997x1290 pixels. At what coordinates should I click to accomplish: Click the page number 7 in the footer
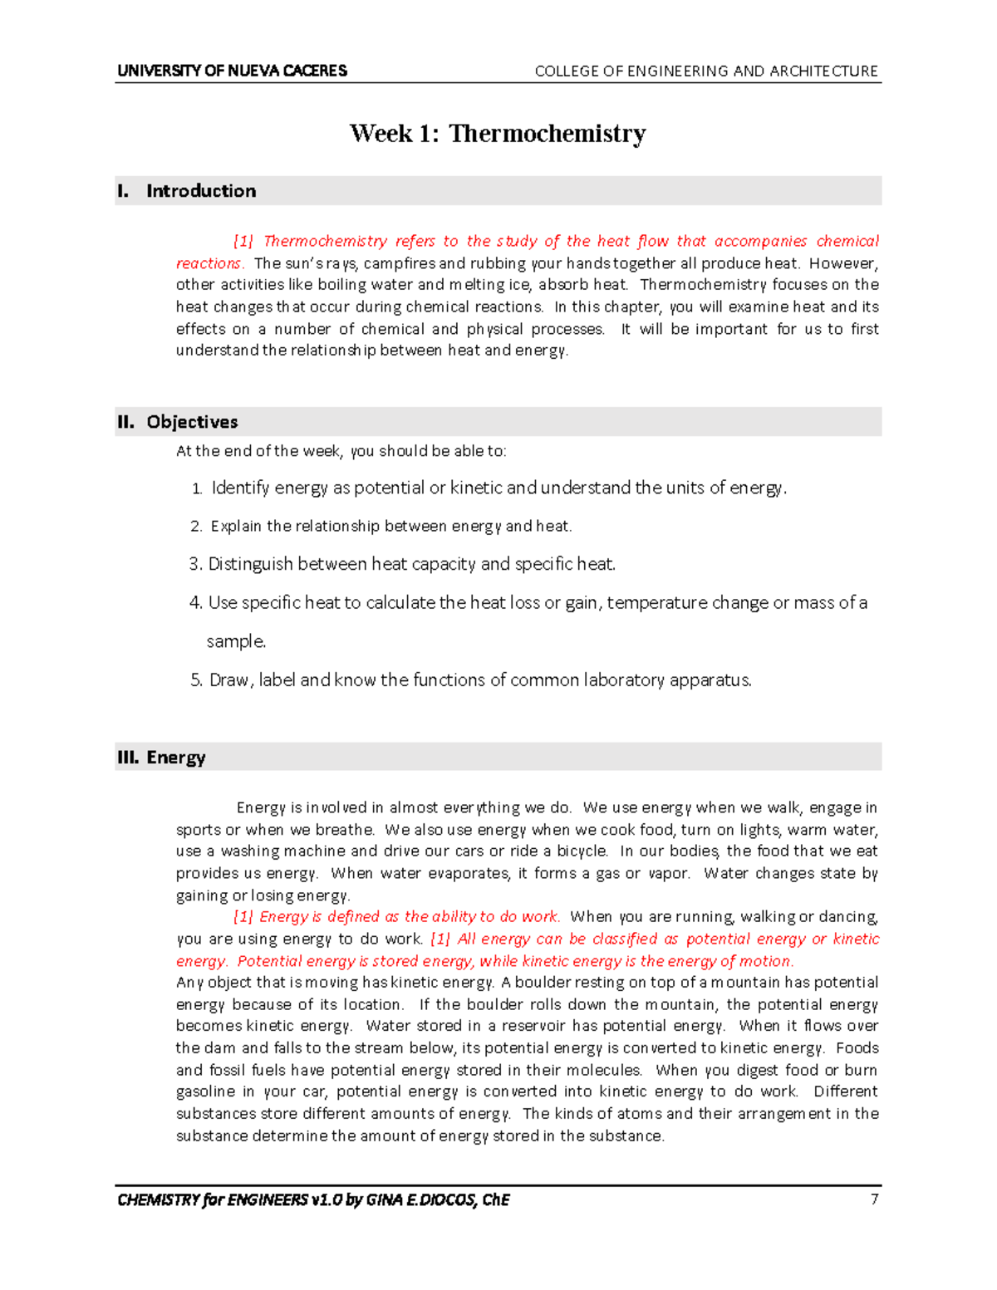pos(874,1199)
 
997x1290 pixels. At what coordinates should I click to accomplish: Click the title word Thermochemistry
pos(547,133)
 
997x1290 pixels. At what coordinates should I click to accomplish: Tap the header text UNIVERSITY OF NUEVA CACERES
pos(232,71)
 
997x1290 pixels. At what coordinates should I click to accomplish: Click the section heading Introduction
pos(201,191)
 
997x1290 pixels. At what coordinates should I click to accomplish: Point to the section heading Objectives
pos(192,422)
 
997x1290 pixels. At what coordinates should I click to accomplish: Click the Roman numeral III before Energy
pos(127,758)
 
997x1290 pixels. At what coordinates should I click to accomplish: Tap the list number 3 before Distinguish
pos(194,564)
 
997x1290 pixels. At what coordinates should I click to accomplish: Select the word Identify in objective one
pos(240,488)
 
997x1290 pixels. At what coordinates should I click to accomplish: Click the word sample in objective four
pos(235,641)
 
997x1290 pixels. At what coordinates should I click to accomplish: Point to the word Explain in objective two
pos(236,526)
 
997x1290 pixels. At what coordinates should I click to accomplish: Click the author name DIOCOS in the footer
pos(452,1199)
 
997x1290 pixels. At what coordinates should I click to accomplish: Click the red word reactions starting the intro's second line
pos(209,263)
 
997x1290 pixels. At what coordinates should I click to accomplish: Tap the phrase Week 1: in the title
pos(394,133)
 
